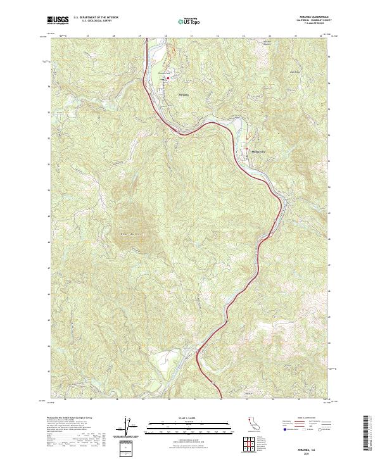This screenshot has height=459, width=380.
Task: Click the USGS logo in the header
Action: (58, 20)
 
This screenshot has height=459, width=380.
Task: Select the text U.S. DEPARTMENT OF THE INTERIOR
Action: (95, 18)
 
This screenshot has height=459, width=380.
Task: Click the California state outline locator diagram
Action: (255, 422)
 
